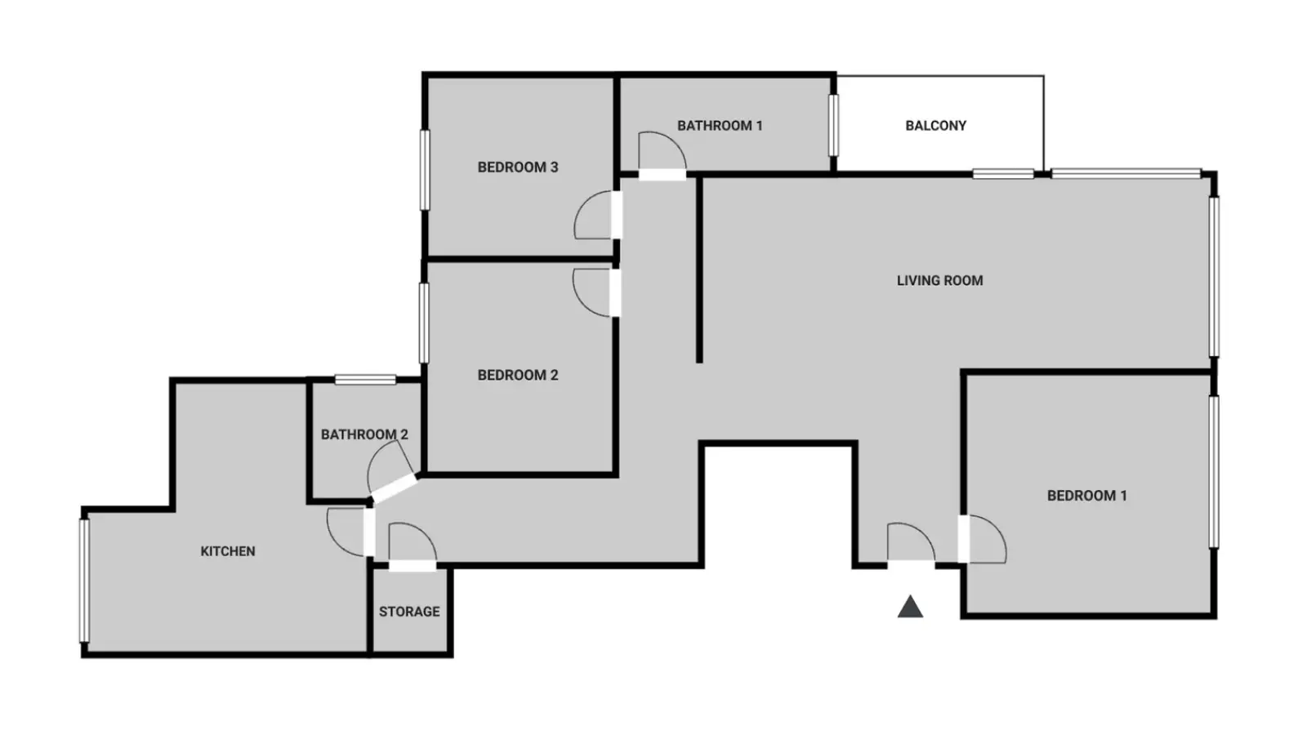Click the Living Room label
[939, 281]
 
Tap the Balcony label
[935, 126]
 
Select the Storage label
[409, 612]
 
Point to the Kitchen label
[228, 551]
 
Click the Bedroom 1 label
[1086, 496]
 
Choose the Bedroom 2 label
[518, 375]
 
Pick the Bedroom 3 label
[518, 167]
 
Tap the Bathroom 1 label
[720, 126]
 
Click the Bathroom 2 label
[364, 434]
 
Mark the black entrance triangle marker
[910, 608]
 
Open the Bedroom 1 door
[982, 539]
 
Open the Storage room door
[413, 547]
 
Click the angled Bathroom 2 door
[392, 473]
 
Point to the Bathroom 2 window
[365, 380]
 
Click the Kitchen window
[85, 581]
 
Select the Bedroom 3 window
[425, 170]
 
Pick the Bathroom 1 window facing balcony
[834, 126]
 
